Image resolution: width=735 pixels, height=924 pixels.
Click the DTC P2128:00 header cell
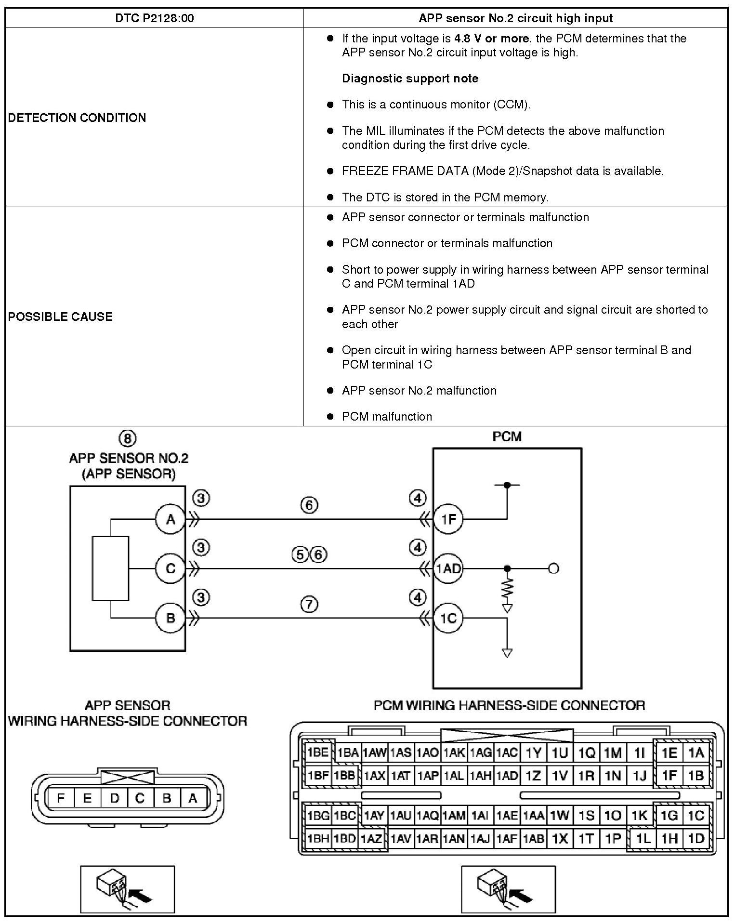tap(155, 18)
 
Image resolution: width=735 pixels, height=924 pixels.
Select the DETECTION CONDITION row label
tap(77, 118)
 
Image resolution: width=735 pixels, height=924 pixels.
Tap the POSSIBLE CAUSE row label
tap(60, 317)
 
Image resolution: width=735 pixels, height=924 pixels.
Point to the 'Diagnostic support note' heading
tap(410, 79)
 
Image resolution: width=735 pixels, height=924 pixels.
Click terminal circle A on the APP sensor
tap(171, 519)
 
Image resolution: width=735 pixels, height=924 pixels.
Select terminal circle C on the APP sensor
tap(171, 569)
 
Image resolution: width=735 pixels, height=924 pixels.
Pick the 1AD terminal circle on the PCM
tap(448, 569)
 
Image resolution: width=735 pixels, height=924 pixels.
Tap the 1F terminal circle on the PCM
tap(448, 519)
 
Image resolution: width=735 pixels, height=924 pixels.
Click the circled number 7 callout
tap(309, 604)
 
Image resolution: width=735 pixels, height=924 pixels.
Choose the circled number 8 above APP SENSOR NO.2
tap(128, 438)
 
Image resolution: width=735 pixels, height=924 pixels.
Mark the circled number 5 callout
tap(300, 555)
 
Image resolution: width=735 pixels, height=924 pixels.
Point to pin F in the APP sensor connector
tap(61, 798)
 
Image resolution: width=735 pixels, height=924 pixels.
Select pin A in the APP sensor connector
tap(193, 798)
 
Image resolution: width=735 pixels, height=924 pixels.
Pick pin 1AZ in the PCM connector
tap(372, 839)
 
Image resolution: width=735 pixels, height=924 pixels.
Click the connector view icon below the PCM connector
tap(508, 889)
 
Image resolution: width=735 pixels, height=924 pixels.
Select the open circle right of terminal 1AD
tap(554, 569)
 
